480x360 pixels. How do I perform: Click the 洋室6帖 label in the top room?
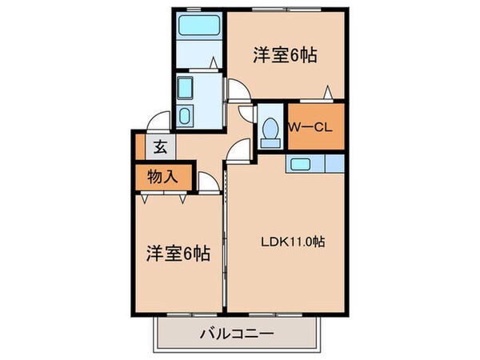285,56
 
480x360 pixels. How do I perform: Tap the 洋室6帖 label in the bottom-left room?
178,254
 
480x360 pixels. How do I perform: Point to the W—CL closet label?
305,127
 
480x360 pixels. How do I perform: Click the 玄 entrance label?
159,146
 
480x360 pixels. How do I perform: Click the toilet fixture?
270,130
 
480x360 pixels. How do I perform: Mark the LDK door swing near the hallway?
238,150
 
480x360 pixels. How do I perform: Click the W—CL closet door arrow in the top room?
326,92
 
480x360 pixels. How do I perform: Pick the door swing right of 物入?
209,185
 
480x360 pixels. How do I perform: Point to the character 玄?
159,146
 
